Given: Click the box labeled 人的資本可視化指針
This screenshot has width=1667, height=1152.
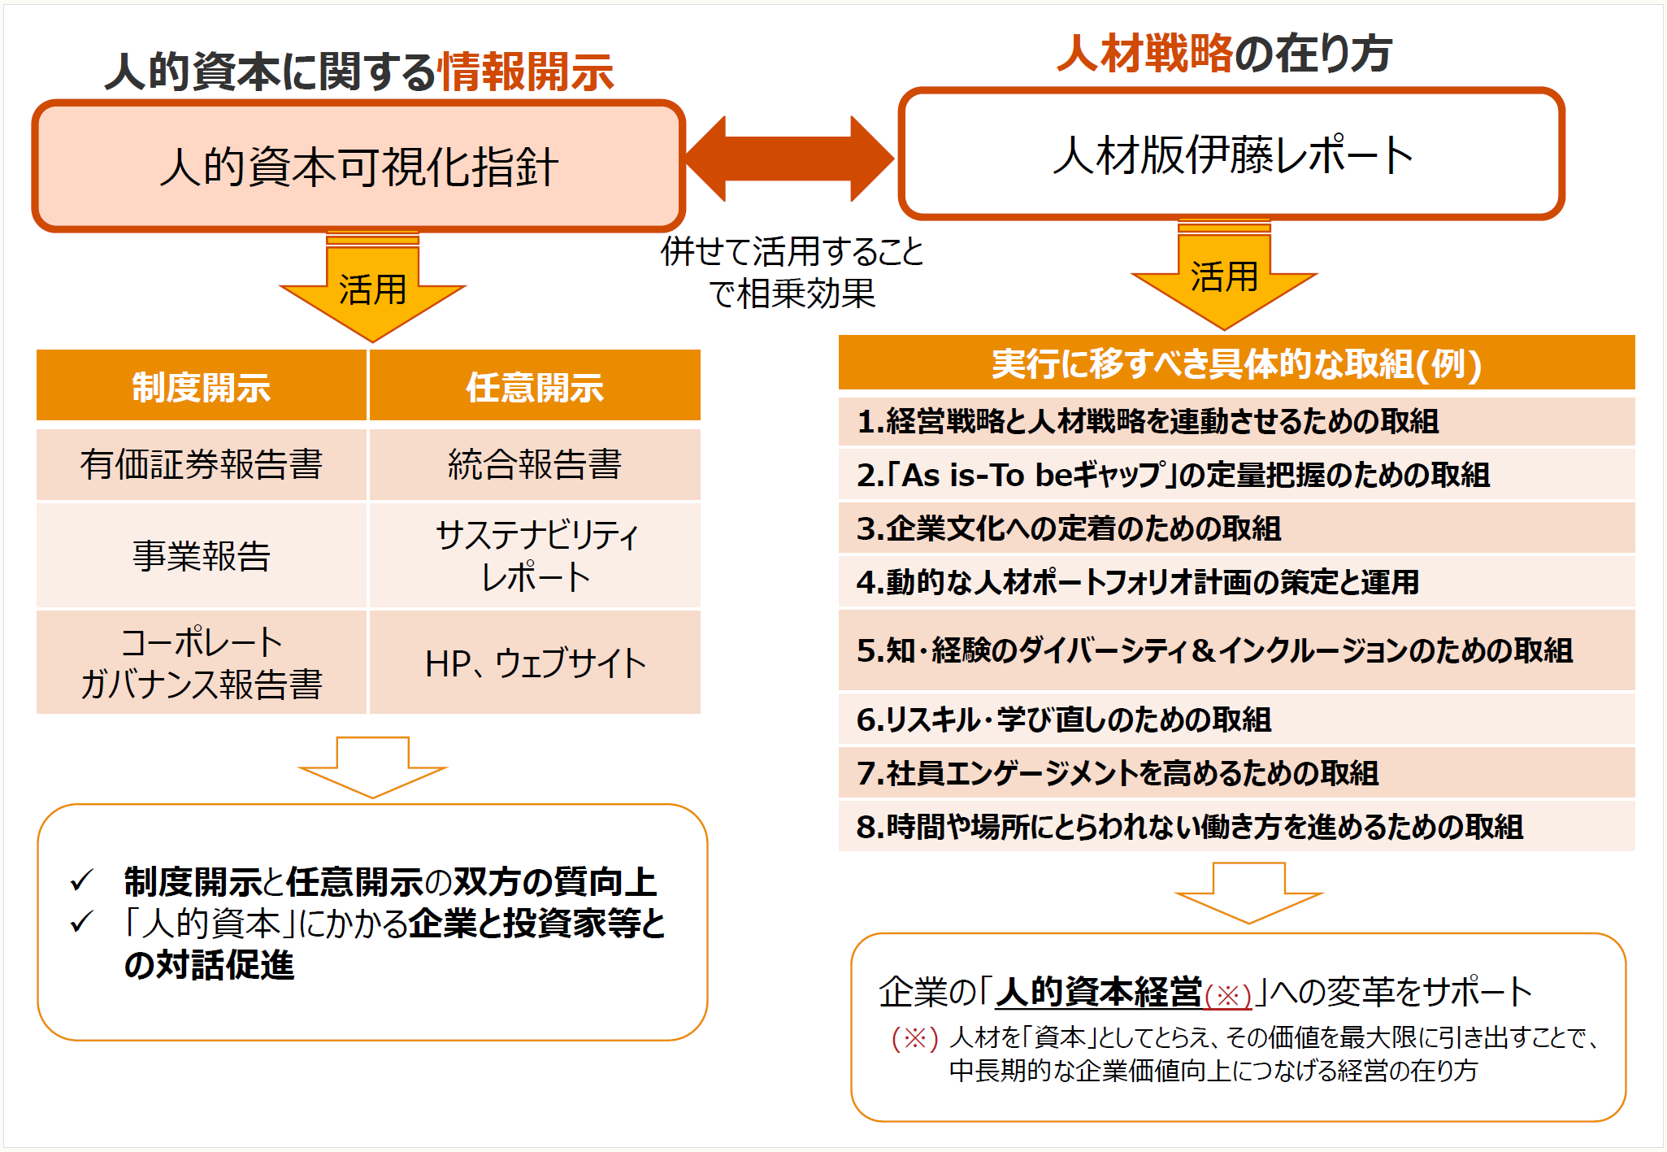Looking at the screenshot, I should coord(358,167).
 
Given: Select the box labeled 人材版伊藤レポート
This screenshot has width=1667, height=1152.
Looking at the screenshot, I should coord(1231,154).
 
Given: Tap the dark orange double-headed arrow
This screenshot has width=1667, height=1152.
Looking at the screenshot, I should coord(789,159).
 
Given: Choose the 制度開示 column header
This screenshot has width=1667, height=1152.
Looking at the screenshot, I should coord(201,387).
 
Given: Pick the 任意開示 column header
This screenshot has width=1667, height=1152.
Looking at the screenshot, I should coord(535,387).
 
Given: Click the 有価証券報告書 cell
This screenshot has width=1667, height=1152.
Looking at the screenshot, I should coord(201,464).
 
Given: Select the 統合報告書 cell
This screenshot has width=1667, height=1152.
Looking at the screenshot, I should coord(535,464).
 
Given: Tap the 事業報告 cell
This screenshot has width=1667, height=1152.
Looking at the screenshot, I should coord(201,556).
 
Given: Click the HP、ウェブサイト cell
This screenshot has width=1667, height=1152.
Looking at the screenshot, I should coord(535,663).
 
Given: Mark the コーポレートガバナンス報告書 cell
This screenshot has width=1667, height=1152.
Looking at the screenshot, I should coord(201,663).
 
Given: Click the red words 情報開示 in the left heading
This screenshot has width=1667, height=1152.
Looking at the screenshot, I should coord(526,72).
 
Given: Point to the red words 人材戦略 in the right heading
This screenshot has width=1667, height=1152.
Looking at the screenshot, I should coord(1145,53).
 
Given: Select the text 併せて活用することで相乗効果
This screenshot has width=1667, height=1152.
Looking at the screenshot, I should coord(792,272).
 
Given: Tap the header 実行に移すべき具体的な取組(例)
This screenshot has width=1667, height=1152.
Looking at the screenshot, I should coord(1235,363).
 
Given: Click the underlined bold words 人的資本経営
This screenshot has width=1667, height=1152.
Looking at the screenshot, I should coord(1099,992).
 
